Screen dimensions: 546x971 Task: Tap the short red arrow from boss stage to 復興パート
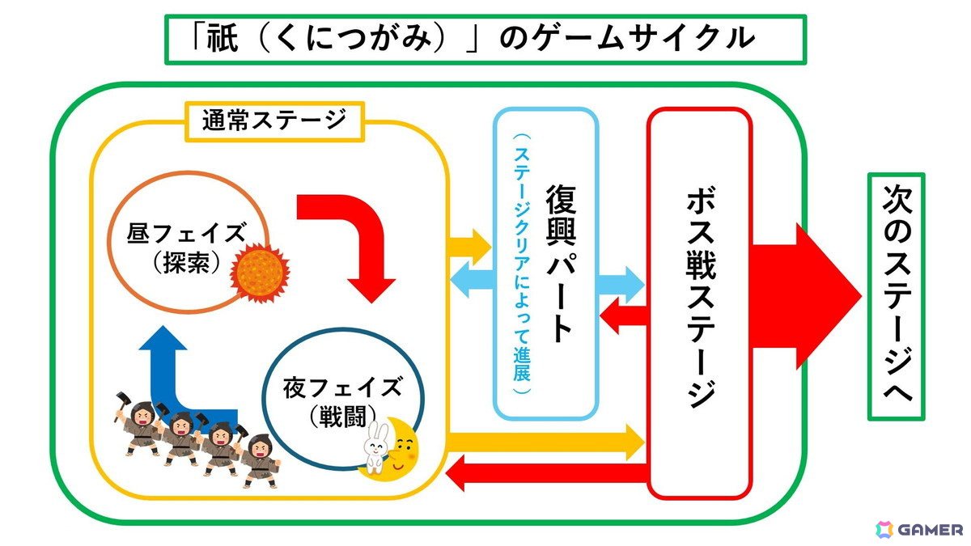[622, 315]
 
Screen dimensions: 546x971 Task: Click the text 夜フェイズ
[342, 387]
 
